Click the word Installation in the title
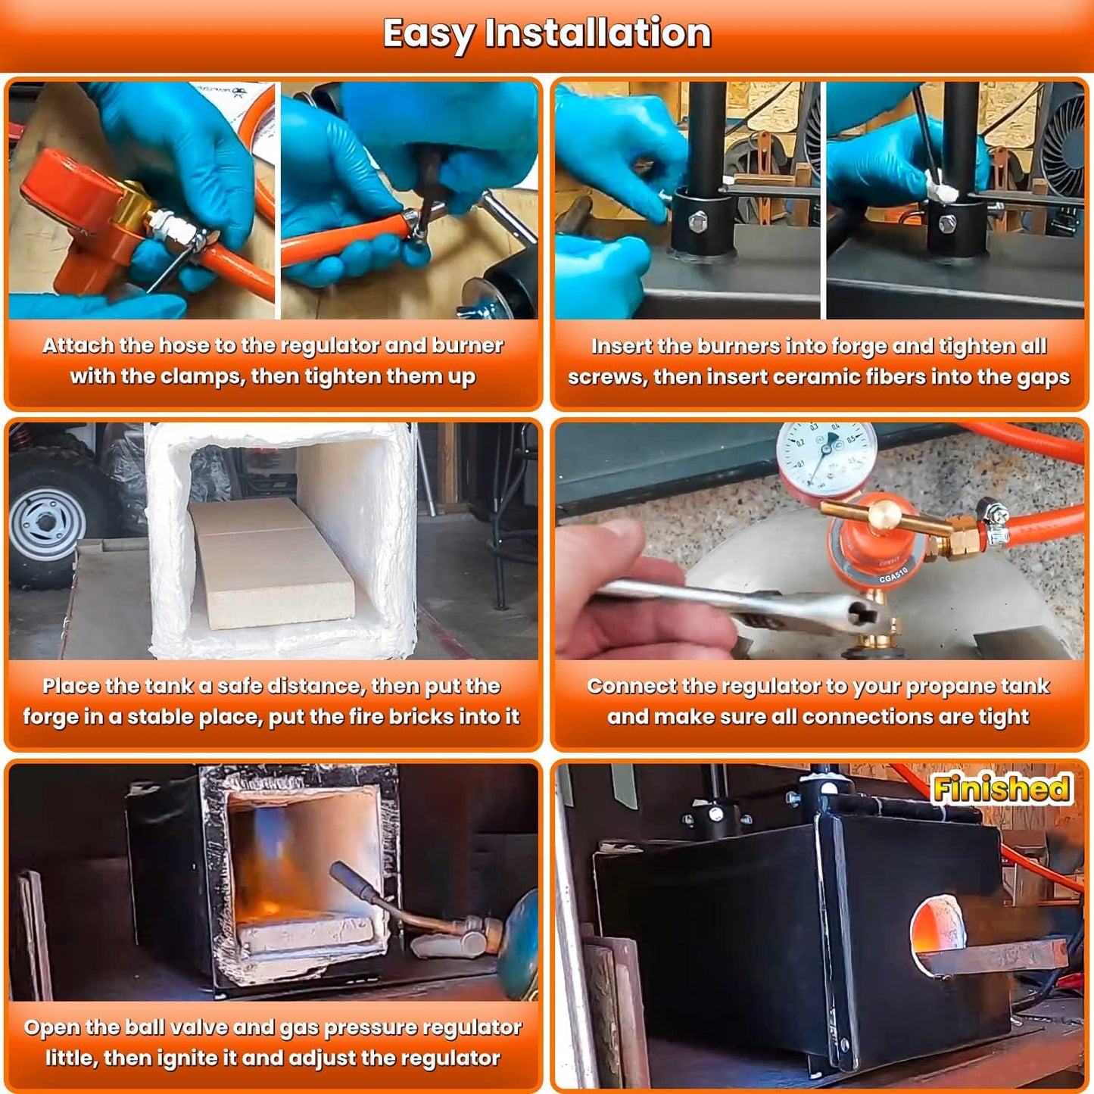click(x=598, y=34)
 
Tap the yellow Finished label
click(x=1002, y=788)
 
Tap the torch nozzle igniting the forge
click(x=352, y=879)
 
